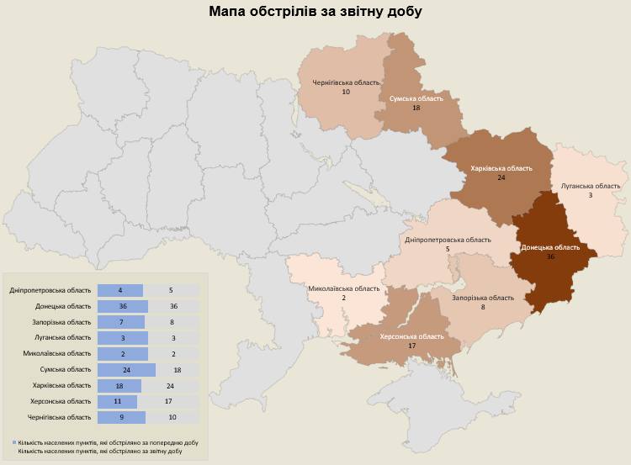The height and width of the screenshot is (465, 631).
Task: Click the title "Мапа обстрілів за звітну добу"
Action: point(315,12)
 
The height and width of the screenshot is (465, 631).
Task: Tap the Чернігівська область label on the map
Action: point(345,82)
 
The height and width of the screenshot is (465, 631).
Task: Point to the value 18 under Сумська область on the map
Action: point(416,108)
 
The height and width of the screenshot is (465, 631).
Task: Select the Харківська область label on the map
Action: point(501,168)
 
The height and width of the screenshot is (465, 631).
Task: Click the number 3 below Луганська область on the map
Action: point(590,195)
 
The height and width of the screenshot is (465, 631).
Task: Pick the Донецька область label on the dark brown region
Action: point(550,247)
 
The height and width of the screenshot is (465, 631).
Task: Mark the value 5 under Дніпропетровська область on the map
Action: point(448,250)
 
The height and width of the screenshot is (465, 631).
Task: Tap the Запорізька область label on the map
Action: point(483,298)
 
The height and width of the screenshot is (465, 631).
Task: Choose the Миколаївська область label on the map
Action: point(343,289)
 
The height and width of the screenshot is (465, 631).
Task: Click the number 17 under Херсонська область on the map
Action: point(411,346)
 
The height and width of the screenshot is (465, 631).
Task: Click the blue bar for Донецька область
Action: point(122,306)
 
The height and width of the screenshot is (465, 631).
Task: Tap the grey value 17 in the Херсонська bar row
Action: point(171,402)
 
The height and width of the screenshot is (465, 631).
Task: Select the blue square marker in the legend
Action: point(14,441)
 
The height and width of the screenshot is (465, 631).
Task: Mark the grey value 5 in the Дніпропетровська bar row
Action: point(171,290)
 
